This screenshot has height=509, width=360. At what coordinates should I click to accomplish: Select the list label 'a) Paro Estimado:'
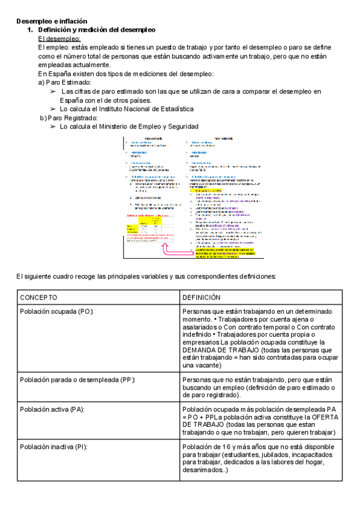pos(64,82)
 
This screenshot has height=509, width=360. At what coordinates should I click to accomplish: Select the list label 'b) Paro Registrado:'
pos(68,118)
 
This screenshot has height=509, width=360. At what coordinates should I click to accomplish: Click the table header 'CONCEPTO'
pos(39,298)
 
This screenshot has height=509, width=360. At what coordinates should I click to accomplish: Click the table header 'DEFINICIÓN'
pos(202,298)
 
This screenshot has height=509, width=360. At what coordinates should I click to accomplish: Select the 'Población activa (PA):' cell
pos(52,409)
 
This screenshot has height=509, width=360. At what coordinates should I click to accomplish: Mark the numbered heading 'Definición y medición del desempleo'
pos(96,29)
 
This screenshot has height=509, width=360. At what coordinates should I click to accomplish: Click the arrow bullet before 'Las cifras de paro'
pos(53,91)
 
